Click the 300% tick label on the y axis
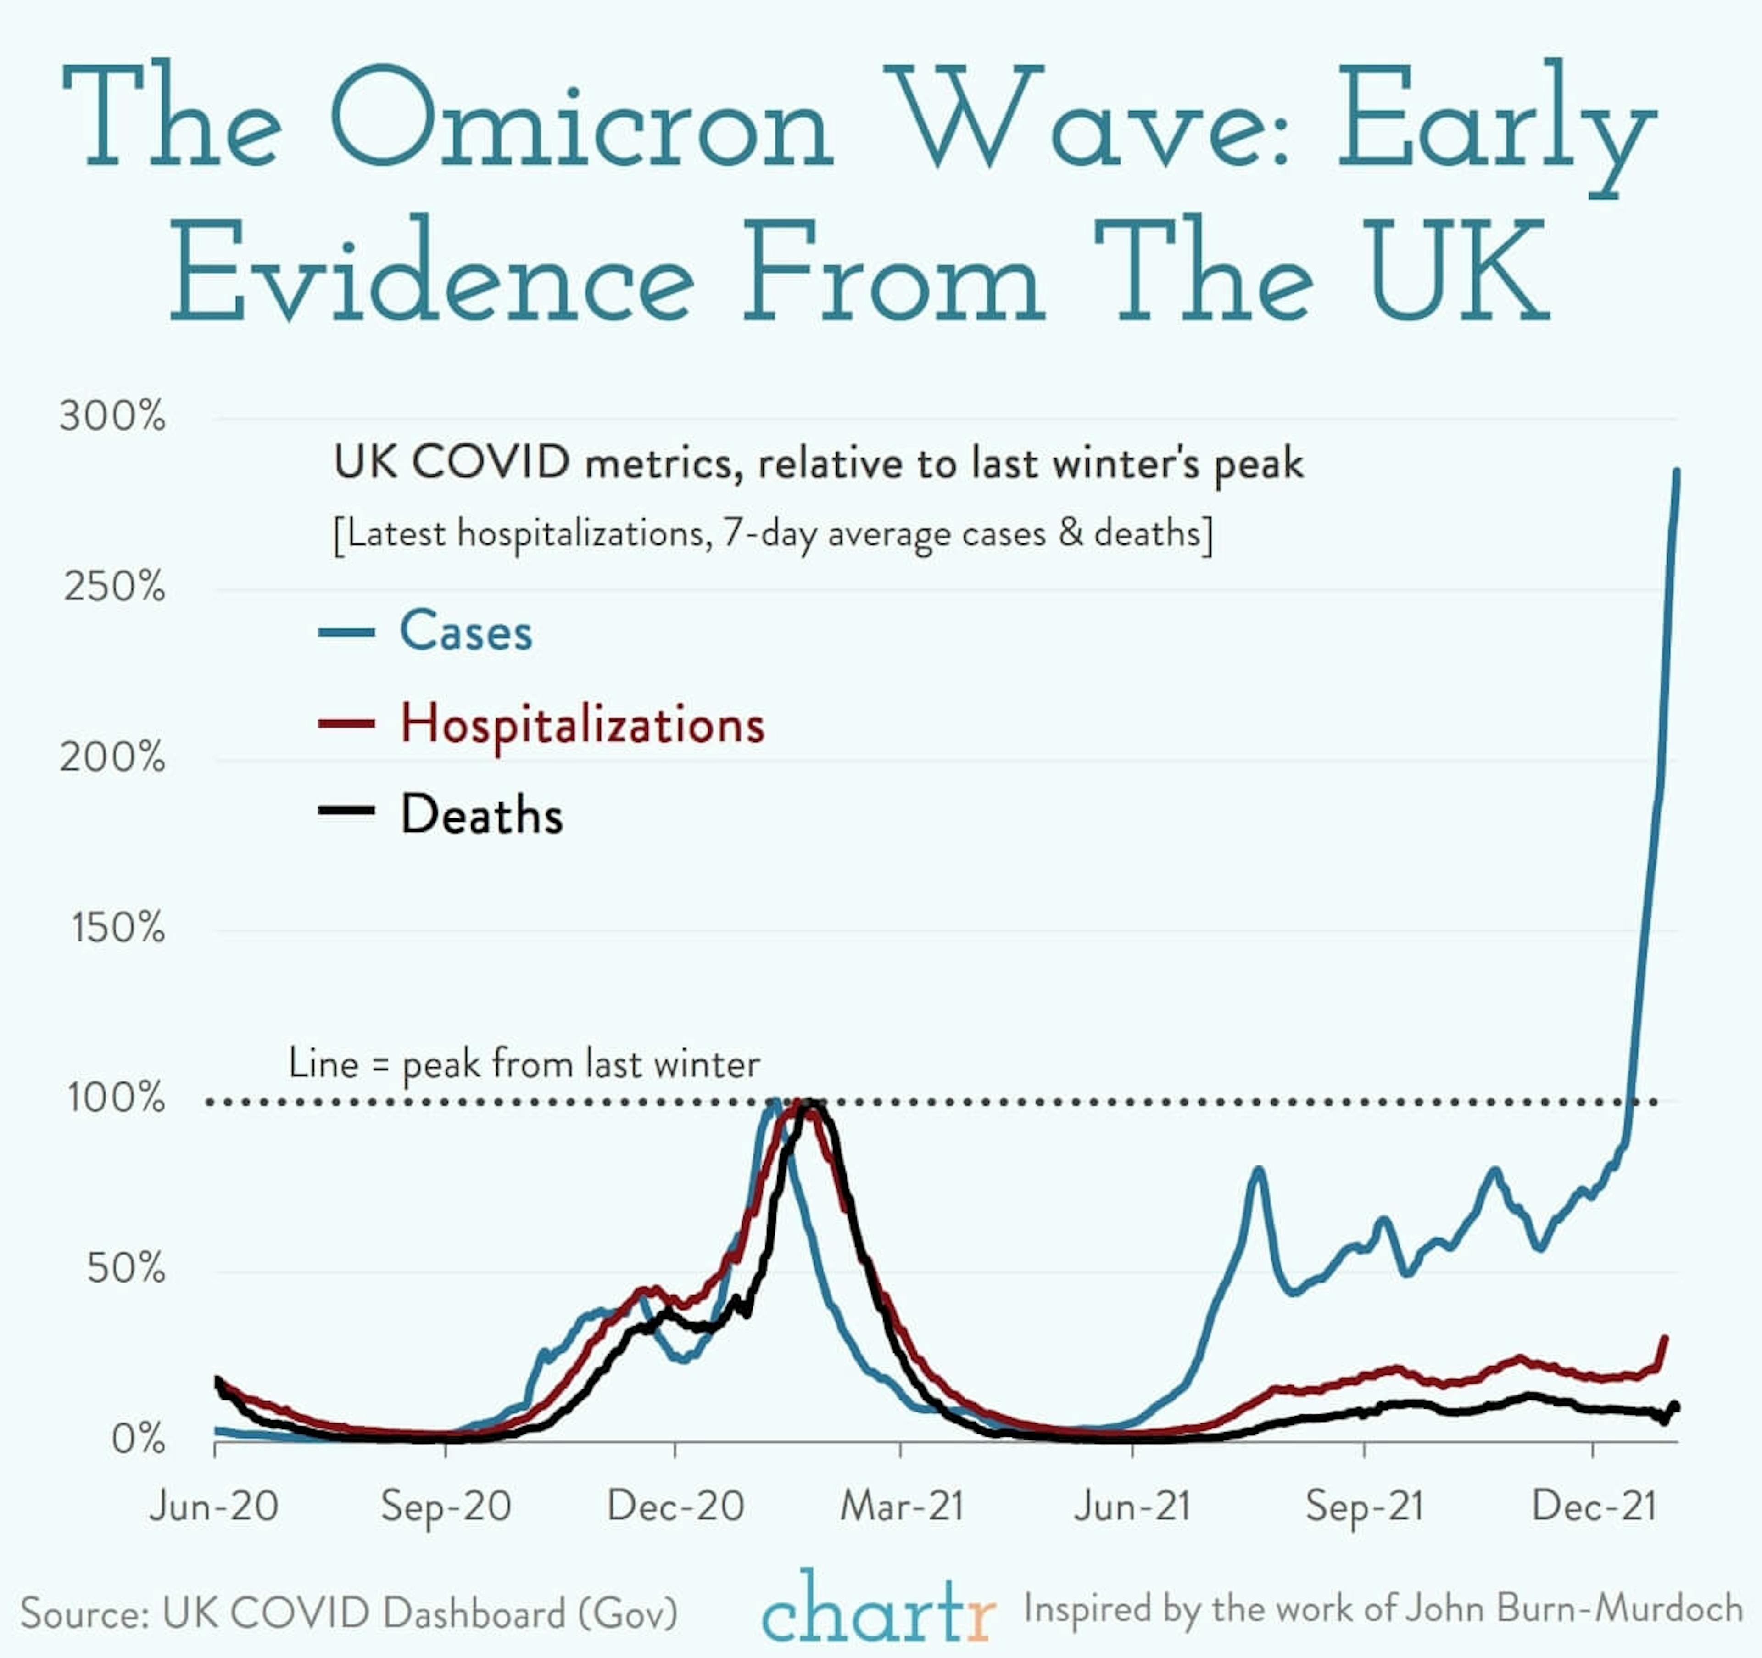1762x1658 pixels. [x=112, y=416]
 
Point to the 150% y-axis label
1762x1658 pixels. [x=118, y=928]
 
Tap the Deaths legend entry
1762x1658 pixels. [x=481, y=815]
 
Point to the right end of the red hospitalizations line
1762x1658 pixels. [x=1665, y=1339]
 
